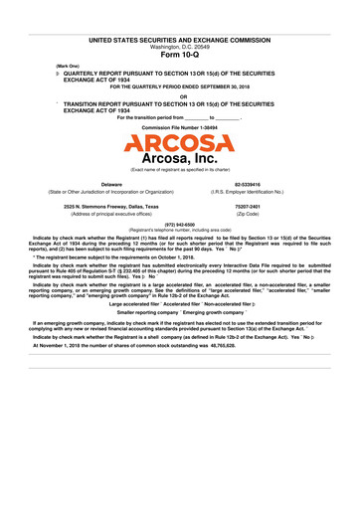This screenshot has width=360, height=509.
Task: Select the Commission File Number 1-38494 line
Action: click(x=180, y=128)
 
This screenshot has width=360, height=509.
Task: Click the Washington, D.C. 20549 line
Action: click(x=180, y=47)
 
